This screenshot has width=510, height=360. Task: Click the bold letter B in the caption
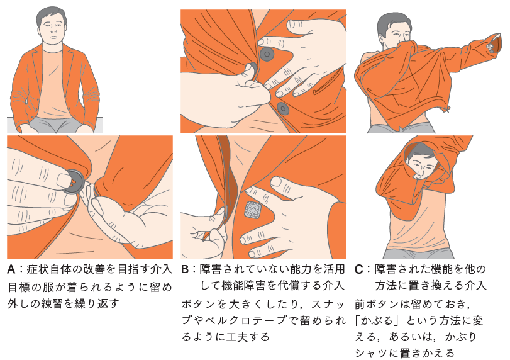(x=185, y=270)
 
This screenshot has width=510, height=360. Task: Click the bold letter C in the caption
(x=359, y=270)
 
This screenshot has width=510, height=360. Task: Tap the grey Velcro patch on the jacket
(x=253, y=210)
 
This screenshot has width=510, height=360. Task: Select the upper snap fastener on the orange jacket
(x=267, y=54)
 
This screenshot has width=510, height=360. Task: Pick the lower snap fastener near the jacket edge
(x=282, y=108)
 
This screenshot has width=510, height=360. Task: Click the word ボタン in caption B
(x=199, y=304)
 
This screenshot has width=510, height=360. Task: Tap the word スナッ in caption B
(x=328, y=304)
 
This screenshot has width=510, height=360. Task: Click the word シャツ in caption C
(x=372, y=353)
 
